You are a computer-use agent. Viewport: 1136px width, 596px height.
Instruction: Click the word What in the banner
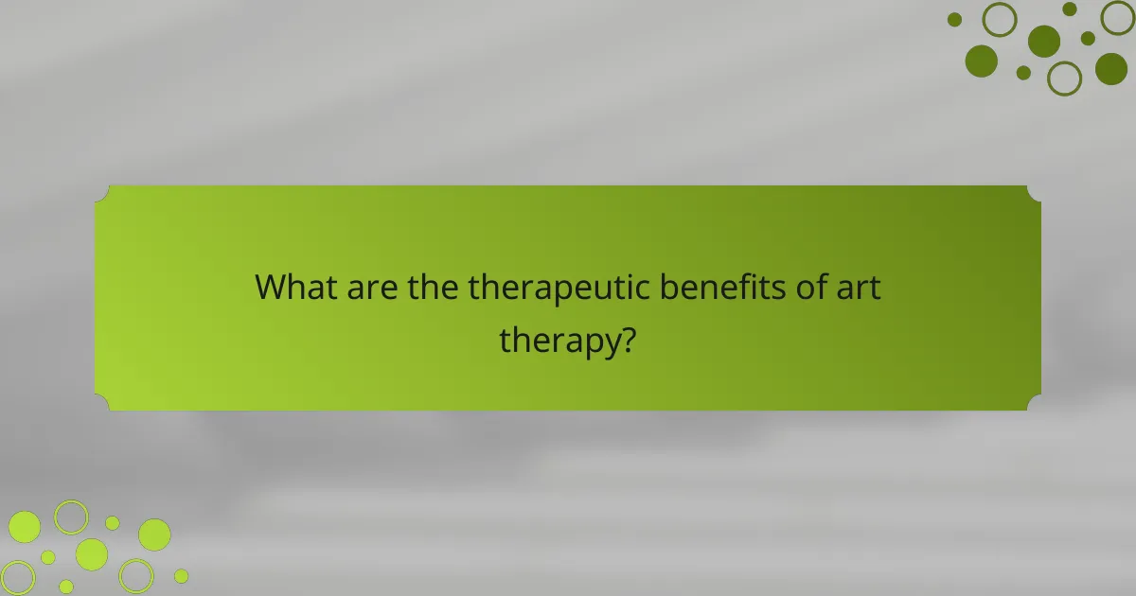point(294,287)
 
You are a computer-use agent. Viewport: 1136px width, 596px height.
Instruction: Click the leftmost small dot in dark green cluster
point(954,20)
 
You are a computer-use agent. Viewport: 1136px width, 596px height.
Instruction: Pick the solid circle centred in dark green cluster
point(1044,41)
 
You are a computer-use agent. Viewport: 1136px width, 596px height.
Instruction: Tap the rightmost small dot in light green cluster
point(181,575)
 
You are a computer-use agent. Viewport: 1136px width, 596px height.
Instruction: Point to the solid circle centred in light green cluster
point(92,554)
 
